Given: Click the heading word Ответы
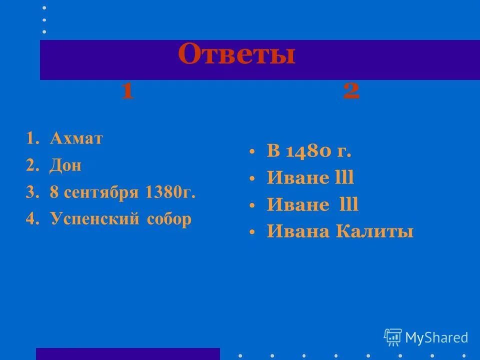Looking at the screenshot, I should (x=236, y=55).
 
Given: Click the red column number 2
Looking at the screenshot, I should (x=351, y=91).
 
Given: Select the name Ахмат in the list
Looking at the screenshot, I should (x=76, y=139).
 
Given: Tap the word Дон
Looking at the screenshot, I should (x=65, y=166).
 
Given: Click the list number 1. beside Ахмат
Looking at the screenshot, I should (x=32, y=139).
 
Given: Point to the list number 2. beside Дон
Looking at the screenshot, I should (x=32, y=166).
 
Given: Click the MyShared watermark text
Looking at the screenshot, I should (x=436, y=337).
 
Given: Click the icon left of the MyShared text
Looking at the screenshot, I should (x=392, y=337).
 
